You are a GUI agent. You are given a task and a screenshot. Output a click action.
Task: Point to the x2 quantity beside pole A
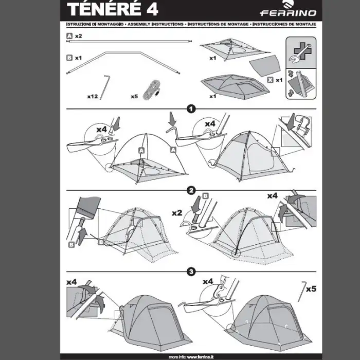(x=79, y=37)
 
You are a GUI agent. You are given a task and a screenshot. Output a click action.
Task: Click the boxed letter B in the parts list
(x=69, y=58)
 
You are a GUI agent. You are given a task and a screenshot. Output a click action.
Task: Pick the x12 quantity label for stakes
(x=93, y=96)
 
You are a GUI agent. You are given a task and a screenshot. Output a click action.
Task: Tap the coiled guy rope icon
(x=152, y=88)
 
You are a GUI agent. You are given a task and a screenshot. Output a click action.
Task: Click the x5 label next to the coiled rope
(x=134, y=96)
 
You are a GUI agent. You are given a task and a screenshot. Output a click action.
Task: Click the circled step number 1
(x=191, y=109)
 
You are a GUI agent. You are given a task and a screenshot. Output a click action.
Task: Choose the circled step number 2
(x=191, y=190)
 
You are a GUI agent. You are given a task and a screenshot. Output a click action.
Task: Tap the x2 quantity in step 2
(x=177, y=212)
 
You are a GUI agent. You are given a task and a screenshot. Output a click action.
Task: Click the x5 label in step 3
(x=311, y=289)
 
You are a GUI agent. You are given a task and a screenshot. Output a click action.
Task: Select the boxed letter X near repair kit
(x=270, y=80)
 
